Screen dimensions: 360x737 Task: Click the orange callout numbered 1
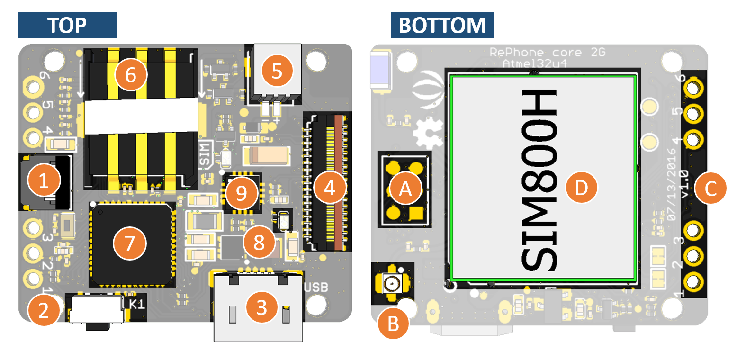44,182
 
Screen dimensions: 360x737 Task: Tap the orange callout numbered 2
44,310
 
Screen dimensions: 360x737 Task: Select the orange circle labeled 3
262,308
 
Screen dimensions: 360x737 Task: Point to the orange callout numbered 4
330,189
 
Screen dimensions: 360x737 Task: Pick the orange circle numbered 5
277,72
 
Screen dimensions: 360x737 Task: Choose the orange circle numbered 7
129,243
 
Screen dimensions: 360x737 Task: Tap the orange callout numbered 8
259,243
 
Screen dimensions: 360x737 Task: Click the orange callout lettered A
404,189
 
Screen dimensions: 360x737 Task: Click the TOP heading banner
67,25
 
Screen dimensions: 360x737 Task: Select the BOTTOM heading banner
442,25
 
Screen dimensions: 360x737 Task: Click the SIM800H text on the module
540,180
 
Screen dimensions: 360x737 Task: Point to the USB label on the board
316,287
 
